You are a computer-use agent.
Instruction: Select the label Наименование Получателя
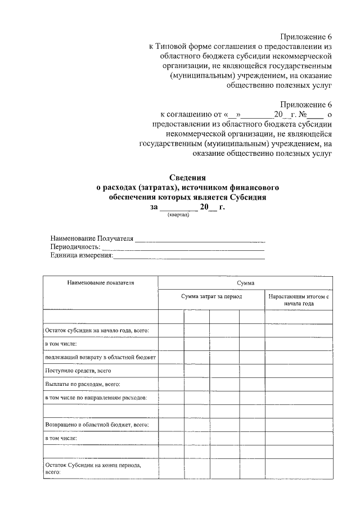tap(92, 238)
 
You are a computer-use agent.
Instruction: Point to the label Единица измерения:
tap(82, 256)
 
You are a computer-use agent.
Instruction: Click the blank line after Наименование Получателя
tap(200, 240)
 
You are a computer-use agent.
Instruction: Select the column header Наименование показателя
tap(101, 283)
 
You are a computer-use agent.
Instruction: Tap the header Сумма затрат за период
tap(211, 296)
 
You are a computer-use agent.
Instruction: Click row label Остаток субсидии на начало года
tap(96, 331)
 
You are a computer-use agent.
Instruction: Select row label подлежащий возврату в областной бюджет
tap(101, 357)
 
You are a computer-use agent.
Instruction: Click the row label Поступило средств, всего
tap(78, 371)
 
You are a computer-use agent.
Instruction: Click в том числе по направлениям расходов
tap(96, 398)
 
